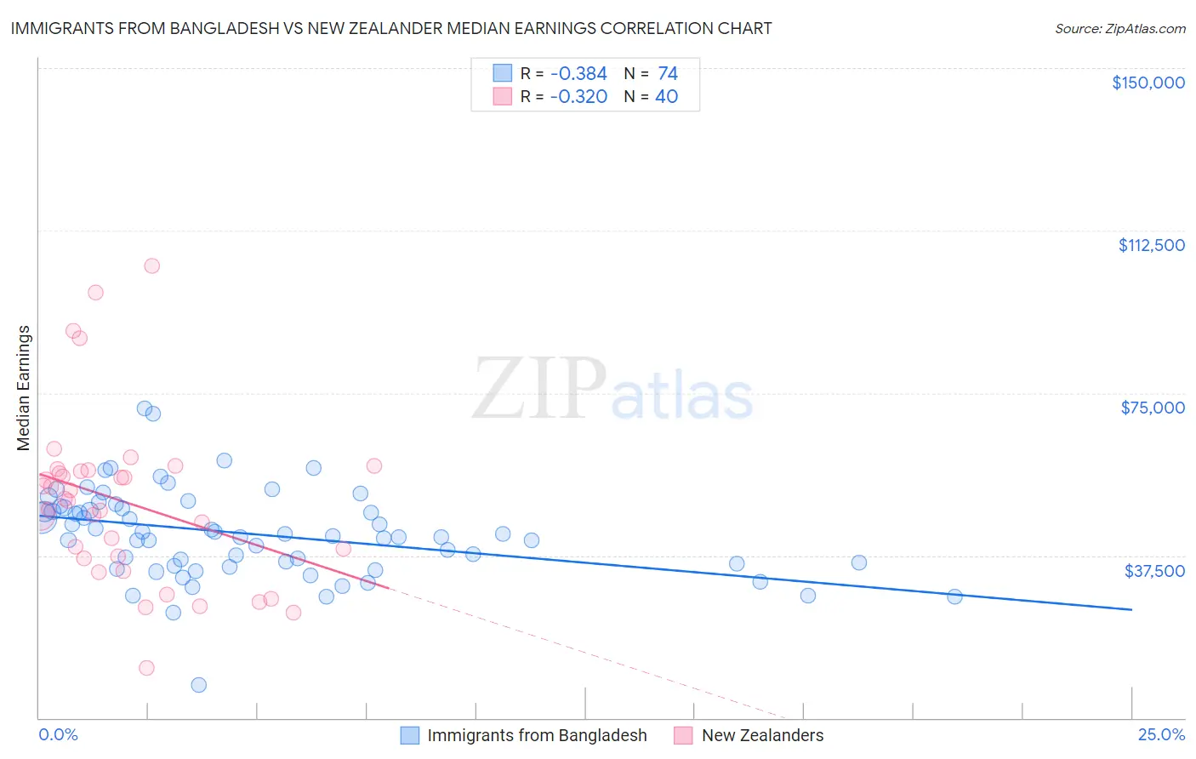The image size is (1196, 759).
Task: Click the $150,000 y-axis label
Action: click(x=1148, y=83)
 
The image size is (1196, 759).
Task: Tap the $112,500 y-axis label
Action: click(x=1151, y=245)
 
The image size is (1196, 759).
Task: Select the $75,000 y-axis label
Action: click(x=1153, y=408)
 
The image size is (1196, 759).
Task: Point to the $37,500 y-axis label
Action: click(x=1154, y=571)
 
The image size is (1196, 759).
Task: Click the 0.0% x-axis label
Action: click(x=58, y=735)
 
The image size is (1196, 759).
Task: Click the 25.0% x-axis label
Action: click(x=1161, y=735)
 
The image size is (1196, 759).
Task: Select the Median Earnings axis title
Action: click(x=24, y=388)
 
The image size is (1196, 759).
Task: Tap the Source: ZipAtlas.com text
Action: click(x=1119, y=28)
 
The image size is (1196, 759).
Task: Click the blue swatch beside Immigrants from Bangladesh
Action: click(x=410, y=735)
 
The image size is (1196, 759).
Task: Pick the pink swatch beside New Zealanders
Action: click(x=683, y=735)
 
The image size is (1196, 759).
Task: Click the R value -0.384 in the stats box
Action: click(x=578, y=74)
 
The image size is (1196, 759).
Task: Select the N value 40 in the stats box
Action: click(x=666, y=97)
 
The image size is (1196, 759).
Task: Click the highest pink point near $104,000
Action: click(x=151, y=265)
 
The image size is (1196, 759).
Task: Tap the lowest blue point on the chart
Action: click(x=199, y=685)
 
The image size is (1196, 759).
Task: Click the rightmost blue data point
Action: click(x=954, y=596)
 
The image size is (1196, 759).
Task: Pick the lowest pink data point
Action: click(x=146, y=668)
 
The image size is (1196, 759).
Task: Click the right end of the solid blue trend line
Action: click(x=1131, y=609)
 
